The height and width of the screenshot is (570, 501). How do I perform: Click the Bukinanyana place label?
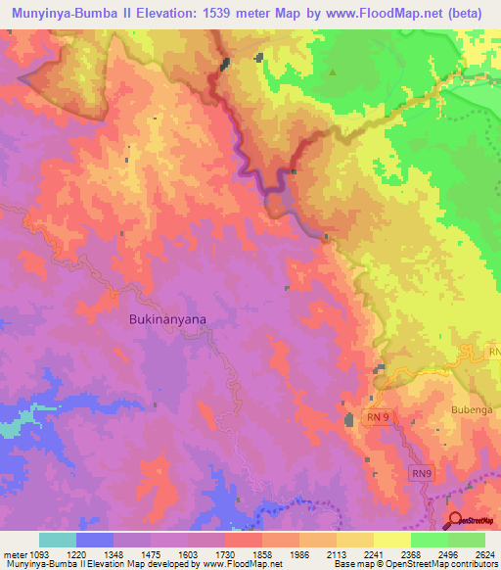(x=168, y=319)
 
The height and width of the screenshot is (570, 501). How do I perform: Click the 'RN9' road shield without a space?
(x=418, y=472)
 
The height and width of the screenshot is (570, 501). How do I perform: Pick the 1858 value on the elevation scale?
(x=260, y=552)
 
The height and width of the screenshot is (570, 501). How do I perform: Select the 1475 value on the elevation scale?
(x=150, y=552)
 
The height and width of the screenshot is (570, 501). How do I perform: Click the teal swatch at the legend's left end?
(x=58, y=540)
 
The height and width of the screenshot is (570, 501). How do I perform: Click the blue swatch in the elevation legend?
(x=95, y=540)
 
